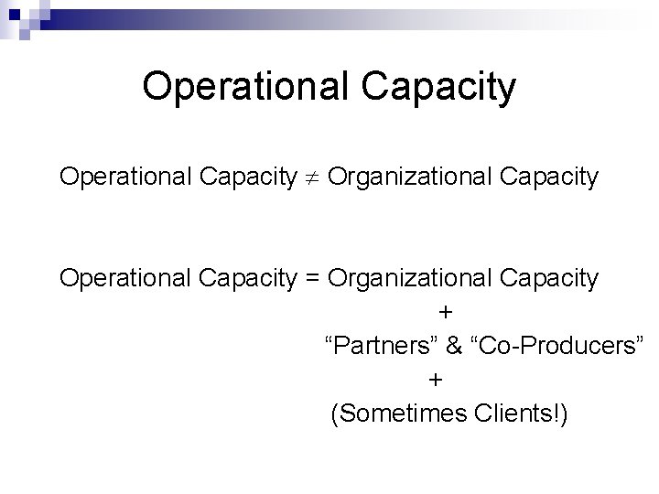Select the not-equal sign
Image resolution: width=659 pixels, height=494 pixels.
(311, 177)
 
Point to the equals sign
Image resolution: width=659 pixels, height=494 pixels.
(311, 278)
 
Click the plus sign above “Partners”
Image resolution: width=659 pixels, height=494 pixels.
(445, 312)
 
